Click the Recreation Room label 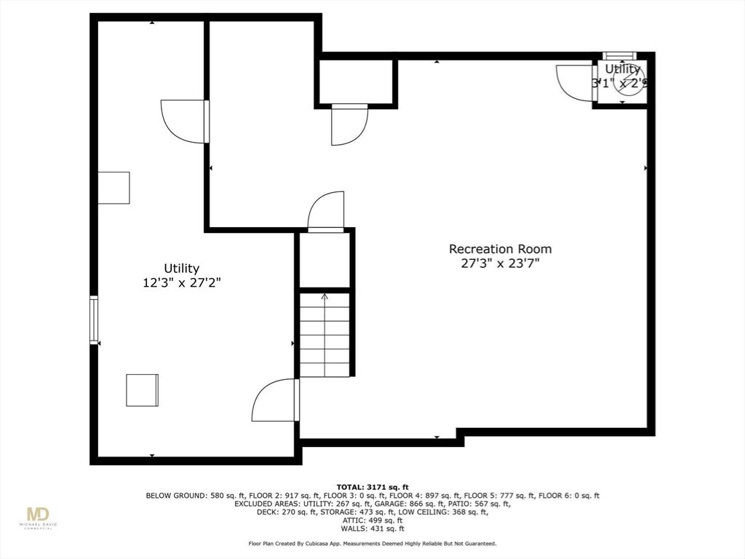click(x=499, y=249)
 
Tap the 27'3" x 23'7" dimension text click(x=499, y=263)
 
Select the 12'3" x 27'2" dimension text click(x=181, y=283)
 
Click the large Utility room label click(x=181, y=269)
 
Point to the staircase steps click(x=324, y=338)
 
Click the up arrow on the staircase click(x=324, y=296)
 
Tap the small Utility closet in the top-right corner click(x=622, y=80)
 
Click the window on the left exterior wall click(x=94, y=320)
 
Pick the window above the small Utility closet click(x=621, y=56)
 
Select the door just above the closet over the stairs click(x=325, y=211)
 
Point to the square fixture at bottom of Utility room click(x=142, y=390)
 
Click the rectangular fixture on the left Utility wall click(x=113, y=188)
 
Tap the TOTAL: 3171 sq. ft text click(x=372, y=487)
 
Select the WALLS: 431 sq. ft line click(x=372, y=528)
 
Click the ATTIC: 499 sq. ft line click(x=372, y=520)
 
